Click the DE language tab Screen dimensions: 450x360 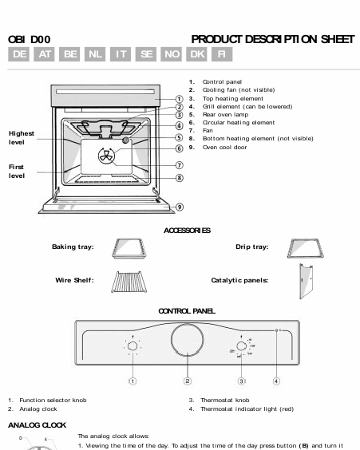point(20,54)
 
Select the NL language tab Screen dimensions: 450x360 point(96,54)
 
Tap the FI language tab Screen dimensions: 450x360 point(222,54)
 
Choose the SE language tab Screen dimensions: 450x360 point(146,54)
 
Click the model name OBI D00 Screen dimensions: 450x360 point(29,38)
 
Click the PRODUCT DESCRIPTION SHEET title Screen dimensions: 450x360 point(272,38)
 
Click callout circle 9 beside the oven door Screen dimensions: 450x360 point(180,207)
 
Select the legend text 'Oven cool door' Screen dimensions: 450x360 point(224,147)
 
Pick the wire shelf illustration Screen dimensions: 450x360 point(130,281)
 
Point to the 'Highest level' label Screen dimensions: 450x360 point(22,137)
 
